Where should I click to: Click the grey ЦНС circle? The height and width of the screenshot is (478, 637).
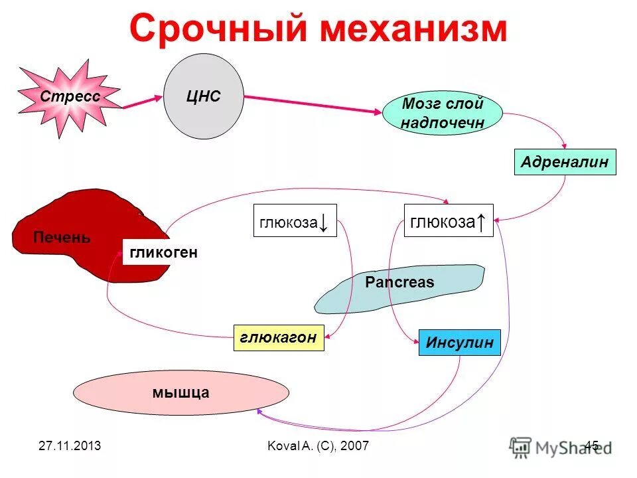coord(203,97)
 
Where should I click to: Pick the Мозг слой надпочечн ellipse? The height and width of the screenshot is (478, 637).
coord(442,114)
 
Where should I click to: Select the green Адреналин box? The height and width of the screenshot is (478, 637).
coord(565,162)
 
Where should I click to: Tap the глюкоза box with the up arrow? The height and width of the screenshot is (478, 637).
coord(449,221)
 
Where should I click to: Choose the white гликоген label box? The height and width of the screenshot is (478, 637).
coord(164,252)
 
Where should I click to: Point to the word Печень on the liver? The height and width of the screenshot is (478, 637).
coord(62,238)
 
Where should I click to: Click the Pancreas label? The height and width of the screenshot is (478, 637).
coord(399,282)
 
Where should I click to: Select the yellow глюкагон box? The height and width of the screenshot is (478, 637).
coord(279,337)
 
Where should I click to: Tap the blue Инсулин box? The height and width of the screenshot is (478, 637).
coord(459,343)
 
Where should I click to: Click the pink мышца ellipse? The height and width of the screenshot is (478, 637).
coord(180,392)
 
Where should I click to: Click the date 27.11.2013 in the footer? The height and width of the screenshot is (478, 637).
coord(70,445)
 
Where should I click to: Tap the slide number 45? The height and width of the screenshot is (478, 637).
coord(591,445)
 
